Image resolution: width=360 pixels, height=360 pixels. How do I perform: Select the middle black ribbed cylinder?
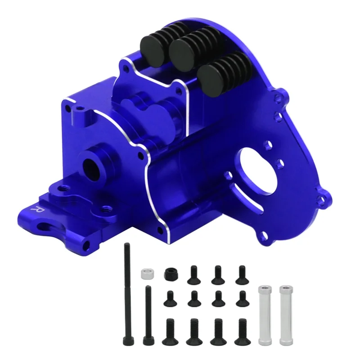coord(184,51)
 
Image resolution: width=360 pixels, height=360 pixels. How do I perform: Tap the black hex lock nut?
coord(170,273)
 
